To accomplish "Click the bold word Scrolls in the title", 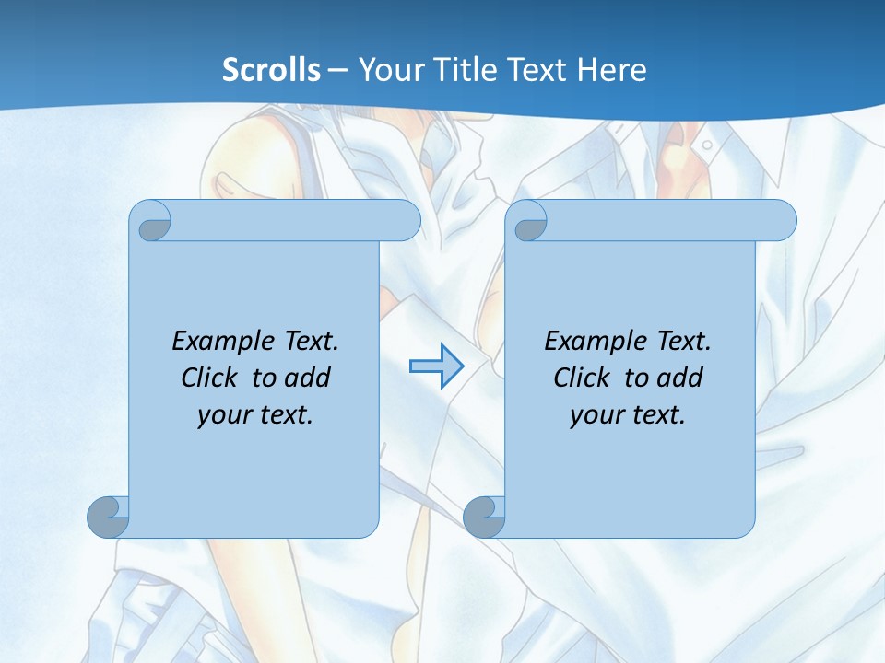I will pyautogui.click(x=271, y=70).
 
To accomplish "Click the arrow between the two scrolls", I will pyautogui.click(x=436, y=366).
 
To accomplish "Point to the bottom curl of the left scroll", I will pyautogui.click(x=109, y=517).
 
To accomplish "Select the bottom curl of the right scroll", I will pyautogui.click(x=485, y=517).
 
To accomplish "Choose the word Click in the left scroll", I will pyautogui.click(x=212, y=378).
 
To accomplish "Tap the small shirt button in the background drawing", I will pyautogui.click(x=706, y=145).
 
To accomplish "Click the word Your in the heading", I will pyautogui.click(x=387, y=70).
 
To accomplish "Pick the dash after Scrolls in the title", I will pyautogui.click(x=337, y=70).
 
